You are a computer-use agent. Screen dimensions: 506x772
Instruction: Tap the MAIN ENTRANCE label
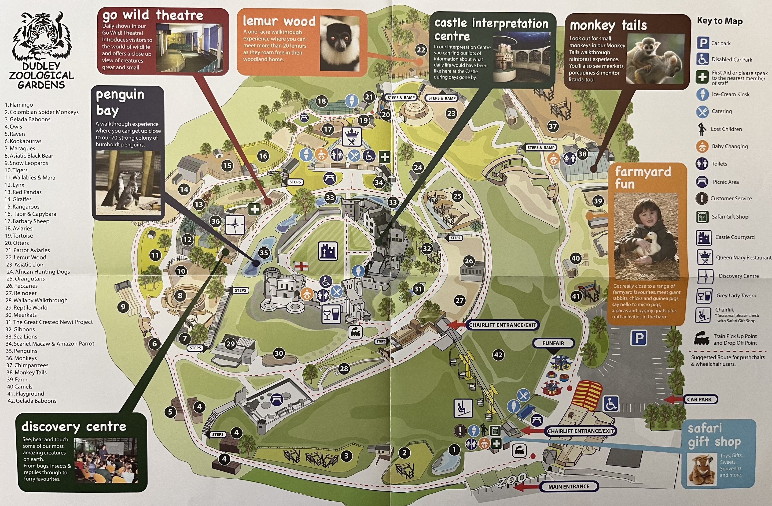(569, 487)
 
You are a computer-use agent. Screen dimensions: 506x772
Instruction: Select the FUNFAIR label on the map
(553, 343)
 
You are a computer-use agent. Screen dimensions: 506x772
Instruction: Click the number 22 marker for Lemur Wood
(421, 50)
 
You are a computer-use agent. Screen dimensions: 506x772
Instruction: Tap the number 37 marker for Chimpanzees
(553, 126)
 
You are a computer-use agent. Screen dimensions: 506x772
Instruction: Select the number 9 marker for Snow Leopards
(123, 307)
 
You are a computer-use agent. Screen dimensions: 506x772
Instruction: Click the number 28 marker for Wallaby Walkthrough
(344, 368)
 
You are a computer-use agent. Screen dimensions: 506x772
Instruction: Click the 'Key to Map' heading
(720, 21)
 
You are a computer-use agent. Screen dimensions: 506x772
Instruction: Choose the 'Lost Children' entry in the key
(726, 129)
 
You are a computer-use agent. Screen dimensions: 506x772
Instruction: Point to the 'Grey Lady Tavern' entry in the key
(736, 296)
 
